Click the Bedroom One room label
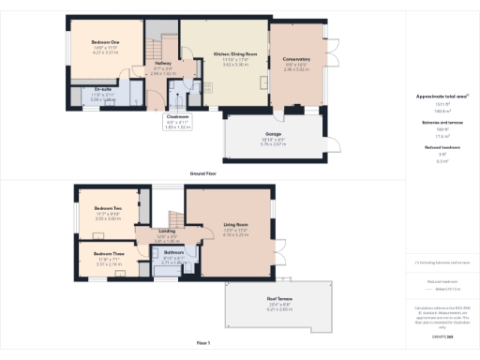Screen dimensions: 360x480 click(105, 43)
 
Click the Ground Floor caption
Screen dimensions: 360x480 click(204, 174)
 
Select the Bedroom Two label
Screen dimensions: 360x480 click(109, 209)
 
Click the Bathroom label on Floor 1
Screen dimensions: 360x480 click(173, 252)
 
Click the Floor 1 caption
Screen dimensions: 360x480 click(203, 342)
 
